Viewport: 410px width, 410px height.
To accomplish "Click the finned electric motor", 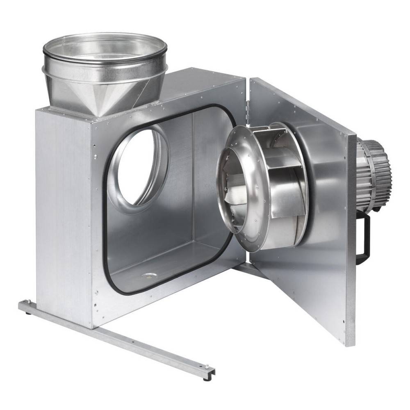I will (x=373, y=172).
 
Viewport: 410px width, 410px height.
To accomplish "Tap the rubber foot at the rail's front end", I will (x=205, y=378).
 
